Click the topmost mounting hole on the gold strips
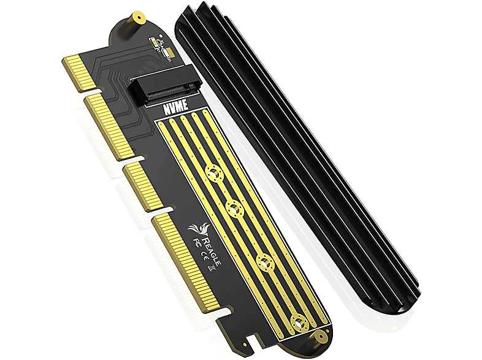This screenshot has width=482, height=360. tap(215, 174)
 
